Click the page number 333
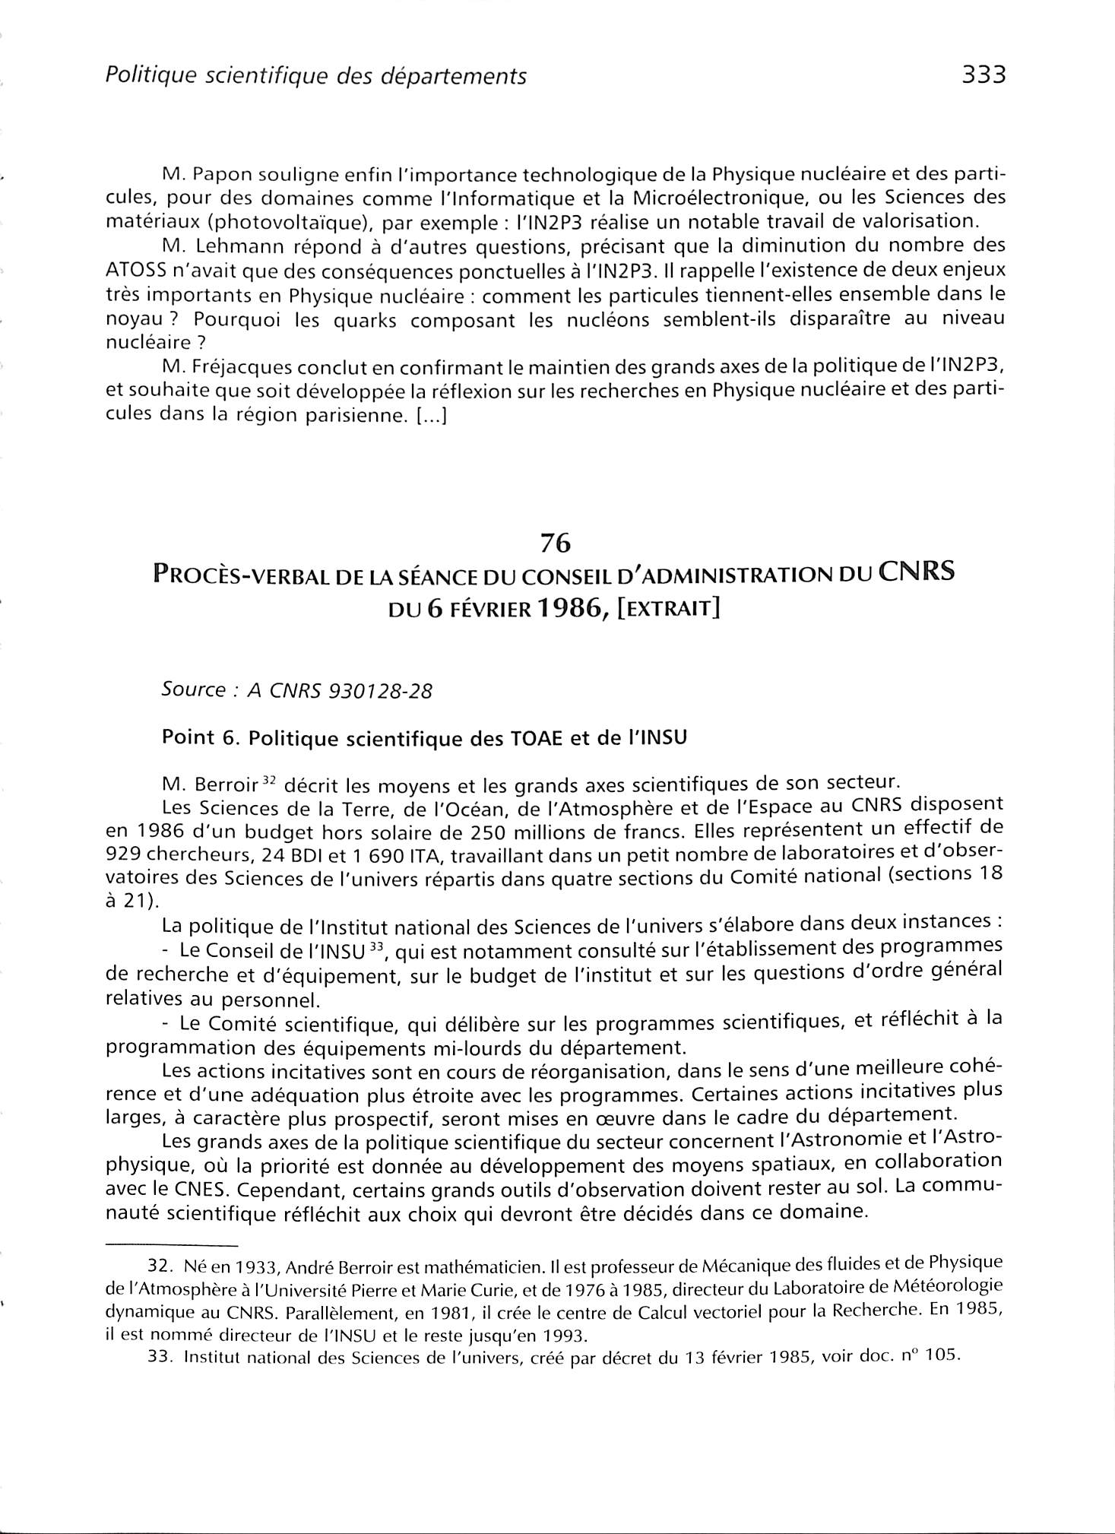pos(984,75)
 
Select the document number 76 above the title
pos(555,543)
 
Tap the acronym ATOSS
pos(137,271)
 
